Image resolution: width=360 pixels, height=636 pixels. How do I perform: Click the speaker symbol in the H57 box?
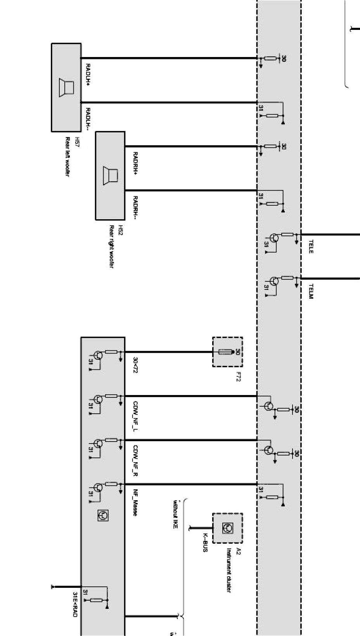pos(66,88)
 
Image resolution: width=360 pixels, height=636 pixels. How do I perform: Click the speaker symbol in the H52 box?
pos(110,175)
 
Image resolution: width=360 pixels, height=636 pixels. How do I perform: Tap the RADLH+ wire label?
pos(88,75)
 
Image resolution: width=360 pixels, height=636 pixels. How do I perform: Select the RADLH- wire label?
pos(88,118)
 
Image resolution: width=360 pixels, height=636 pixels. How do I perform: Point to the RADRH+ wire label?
pos(135,163)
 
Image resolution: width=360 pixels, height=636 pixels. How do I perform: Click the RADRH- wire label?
pos(135,206)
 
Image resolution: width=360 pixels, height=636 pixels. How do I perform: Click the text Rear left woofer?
pos(67,157)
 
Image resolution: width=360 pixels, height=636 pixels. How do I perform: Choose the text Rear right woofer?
pos(111,247)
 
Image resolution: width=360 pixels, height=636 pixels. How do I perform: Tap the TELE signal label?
pos(311,246)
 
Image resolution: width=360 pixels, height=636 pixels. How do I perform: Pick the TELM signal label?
pos(311,291)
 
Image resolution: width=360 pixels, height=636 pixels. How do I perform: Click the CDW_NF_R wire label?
pos(135,461)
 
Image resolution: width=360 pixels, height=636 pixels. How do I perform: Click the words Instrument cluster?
pos(229,570)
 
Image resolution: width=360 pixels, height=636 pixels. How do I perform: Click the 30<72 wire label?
pos(135,365)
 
